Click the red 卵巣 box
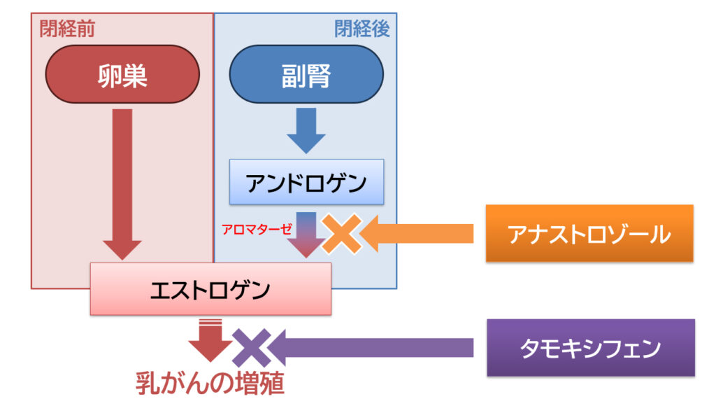point(122,75)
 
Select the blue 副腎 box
point(306,75)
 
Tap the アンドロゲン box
point(306,182)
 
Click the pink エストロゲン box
point(210,288)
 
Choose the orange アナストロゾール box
point(589,233)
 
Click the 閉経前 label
point(68,29)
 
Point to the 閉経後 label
point(361,29)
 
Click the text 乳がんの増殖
point(210,384)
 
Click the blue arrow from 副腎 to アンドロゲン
point(306,131)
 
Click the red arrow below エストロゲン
point(210,339)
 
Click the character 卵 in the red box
point(110,75)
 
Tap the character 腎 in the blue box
point(319,75)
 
